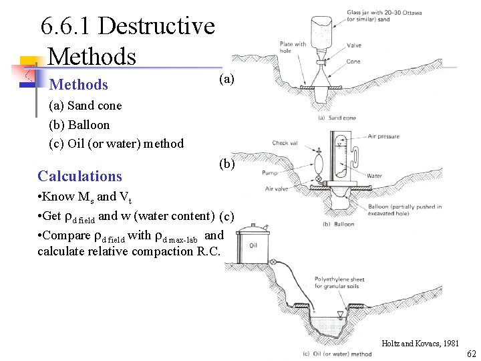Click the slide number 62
click(472, 353)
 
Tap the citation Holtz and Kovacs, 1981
click(420, 343)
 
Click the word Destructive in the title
click(156, 27)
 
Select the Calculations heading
click(80, 176)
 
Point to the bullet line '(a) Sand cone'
click(86, 106)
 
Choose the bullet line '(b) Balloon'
click(79, 124)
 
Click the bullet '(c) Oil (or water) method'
click(116, 143)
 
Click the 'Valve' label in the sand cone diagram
click(354, 45)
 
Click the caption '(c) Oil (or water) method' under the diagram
click(337, 354)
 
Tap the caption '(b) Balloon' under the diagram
click(338, 224)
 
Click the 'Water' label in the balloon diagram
click(374, 176)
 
